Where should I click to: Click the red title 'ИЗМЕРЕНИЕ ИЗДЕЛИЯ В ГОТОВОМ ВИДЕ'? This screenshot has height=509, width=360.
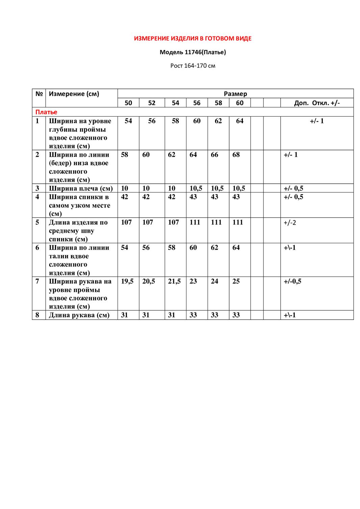[x=192, y=39]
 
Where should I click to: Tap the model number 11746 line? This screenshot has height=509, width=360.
[x=192, y=52]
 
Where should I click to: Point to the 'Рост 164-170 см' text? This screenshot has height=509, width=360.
[x=192, y=66]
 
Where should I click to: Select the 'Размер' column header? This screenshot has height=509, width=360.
[x=235, y=94]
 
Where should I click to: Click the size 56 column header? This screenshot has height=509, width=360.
[x=197, y=103]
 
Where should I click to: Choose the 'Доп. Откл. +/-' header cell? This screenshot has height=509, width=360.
[x=317, y=103]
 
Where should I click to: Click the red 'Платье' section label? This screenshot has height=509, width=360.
[x=46, y=112]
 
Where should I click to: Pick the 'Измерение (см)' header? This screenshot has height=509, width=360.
[x=74, y=94]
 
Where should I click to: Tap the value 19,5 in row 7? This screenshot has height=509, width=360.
[x=127, y=281]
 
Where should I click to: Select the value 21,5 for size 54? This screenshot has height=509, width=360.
[x=174, y=281]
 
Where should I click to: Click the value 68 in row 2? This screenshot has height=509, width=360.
[x=236, y=155]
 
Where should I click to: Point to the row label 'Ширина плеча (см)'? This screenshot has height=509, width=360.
[x=81, y=188]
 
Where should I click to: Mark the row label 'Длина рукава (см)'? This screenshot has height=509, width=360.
[x=79, y=315]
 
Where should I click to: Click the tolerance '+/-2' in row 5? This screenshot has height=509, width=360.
[x=290, y=223]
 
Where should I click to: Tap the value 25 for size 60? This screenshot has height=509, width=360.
[x=236, y=281]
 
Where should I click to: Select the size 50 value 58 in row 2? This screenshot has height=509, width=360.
[x=124, y=155]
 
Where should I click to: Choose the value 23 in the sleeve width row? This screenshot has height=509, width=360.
[x=193, y=281]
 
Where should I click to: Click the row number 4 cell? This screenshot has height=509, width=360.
[x=37, y=197]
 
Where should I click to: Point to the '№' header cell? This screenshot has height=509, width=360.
[x=38, y=94]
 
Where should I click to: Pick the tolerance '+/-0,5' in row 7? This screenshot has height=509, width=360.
[x=292, y=281]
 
